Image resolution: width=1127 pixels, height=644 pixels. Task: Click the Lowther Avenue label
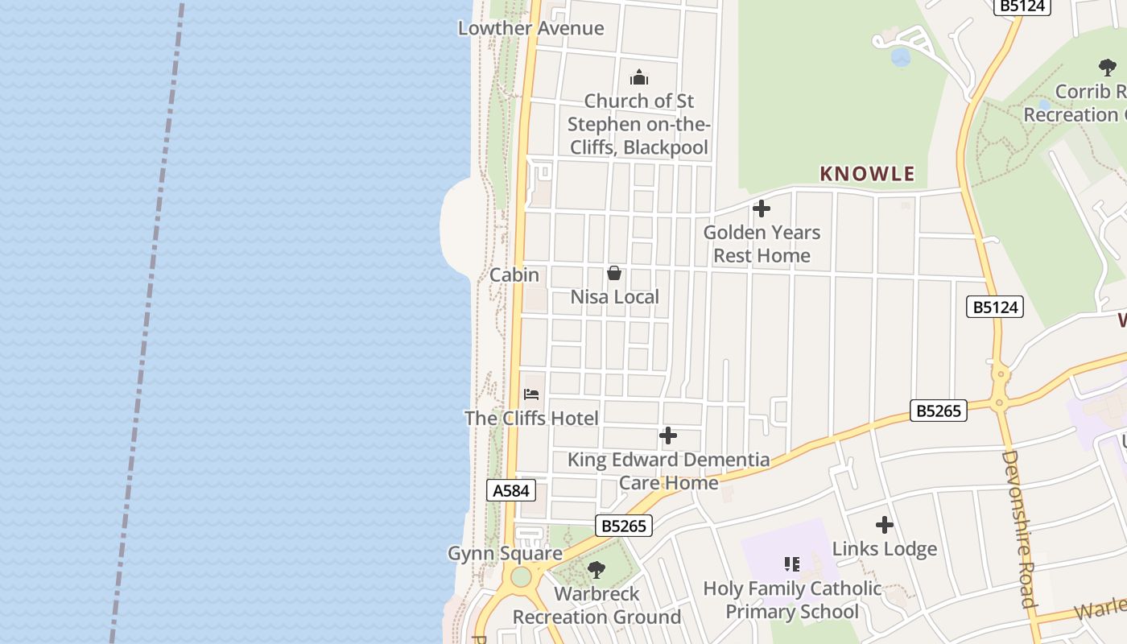pos(530,28)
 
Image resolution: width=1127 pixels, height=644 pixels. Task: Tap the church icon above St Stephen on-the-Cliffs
pos(639,77)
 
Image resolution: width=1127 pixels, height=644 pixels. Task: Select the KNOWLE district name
pos(867,173)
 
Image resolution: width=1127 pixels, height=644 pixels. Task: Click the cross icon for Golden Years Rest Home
pos(761,209)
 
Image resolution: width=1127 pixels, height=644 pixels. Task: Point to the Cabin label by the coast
pos(514,275)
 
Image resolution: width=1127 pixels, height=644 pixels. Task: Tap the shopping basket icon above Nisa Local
pos(614,273)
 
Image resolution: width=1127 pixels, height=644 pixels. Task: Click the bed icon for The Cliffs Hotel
pos(531,394)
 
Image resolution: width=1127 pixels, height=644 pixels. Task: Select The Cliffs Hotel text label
pos(531,418)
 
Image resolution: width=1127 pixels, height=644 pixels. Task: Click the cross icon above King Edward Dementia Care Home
pos(668,436)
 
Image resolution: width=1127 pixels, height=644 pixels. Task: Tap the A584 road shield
pos(511,490)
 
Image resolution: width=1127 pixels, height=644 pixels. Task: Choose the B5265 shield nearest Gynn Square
pos(624,526)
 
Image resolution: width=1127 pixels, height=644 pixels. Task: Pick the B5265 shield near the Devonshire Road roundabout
pos(939,411)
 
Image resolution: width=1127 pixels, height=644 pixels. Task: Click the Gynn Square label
pos(505,553)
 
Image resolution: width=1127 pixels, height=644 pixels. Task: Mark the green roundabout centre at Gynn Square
pos(521,576)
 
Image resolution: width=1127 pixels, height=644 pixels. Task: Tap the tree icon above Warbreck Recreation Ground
pos(597,570)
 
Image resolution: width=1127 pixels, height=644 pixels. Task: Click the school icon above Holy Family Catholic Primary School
pos(792,564)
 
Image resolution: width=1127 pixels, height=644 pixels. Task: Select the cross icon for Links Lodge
pos(885,525)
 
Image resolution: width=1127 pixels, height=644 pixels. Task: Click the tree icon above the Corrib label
pos(1108,68)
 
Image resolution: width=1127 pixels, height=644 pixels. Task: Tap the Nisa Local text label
pos(614,297)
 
